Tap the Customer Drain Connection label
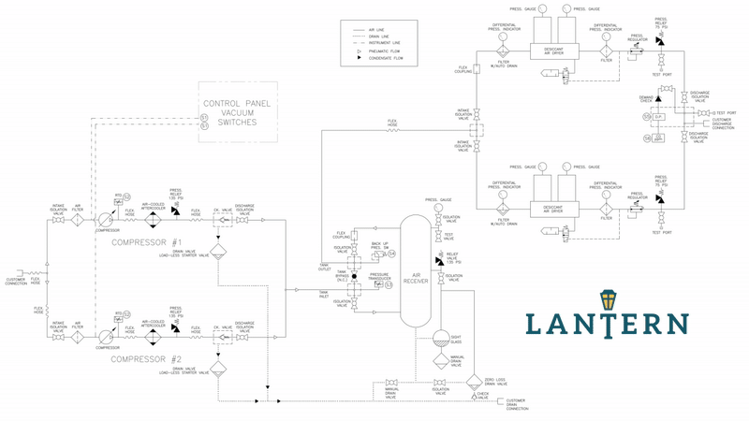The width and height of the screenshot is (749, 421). pos(521,405)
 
